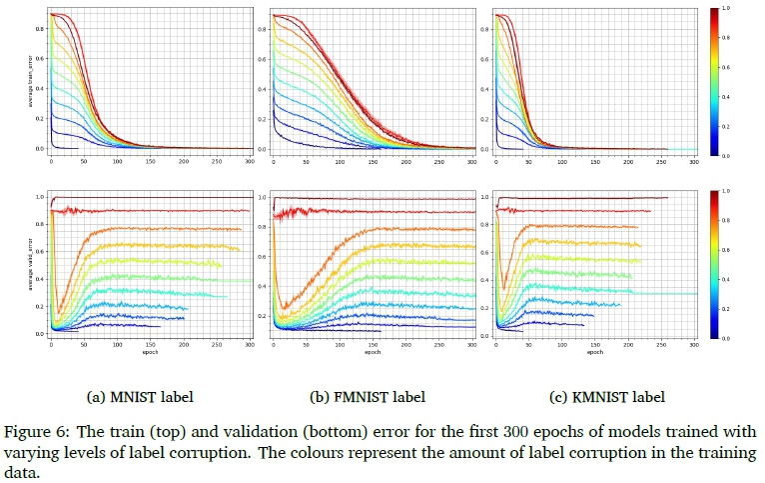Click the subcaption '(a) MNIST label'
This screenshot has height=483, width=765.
coord(141,397)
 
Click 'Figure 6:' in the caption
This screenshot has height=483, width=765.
coord(37,431)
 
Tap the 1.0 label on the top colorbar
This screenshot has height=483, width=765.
coord(739,8)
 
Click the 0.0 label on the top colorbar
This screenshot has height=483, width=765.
coord(739,157)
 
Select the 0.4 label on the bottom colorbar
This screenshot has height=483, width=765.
coord(739,279)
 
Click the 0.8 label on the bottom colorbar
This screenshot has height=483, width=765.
coord(739,219)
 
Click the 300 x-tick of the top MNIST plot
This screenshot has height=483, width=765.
coord(249,160)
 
